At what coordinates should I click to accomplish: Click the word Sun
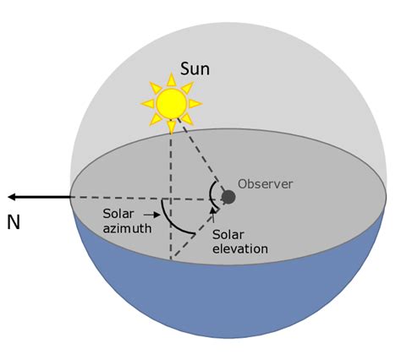195,69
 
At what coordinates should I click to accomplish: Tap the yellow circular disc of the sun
172,103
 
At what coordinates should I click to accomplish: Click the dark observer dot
228,197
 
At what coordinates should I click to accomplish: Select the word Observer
266,184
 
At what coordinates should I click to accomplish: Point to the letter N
14,222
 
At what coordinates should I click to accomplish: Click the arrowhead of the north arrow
12,197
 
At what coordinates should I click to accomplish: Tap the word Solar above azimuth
118,214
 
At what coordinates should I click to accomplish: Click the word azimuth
127,228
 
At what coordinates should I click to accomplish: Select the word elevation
240,248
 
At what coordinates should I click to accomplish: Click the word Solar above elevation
228,235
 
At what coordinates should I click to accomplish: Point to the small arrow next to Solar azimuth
151,215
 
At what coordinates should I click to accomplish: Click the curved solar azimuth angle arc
171,223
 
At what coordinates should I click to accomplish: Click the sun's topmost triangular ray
171,79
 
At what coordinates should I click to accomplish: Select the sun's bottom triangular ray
171,128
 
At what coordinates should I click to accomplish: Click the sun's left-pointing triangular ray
147,104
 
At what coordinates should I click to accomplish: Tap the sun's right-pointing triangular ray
195,104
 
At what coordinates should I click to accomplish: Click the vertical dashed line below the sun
171,197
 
